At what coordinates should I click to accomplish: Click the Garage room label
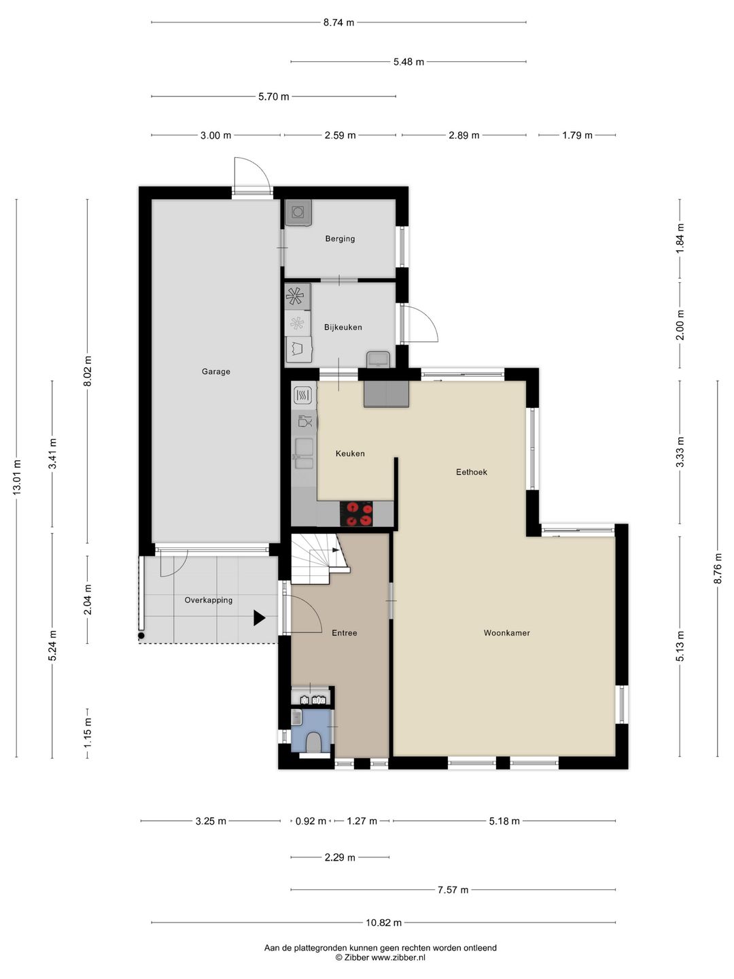pos(215,371)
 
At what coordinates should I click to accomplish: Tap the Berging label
pos(340,239)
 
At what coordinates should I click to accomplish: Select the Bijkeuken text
pos(343,327)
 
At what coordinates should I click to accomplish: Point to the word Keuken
pos(350,453)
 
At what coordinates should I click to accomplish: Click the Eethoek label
pos(472,472)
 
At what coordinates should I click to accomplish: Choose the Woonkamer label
pos(507,633)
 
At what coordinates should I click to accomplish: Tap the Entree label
pos(345,633)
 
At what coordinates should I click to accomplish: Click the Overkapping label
pos(209,600)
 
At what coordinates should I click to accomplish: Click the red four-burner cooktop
pos(356,514)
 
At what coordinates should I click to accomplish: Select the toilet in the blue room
pos(314,742)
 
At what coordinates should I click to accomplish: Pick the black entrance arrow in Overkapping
pos(260,618)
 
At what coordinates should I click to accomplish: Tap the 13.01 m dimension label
pos(16,477)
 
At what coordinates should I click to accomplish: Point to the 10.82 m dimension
pos(384,923)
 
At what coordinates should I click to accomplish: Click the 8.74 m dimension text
pos(338,22)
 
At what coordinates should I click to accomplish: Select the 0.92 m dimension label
pos(311,821)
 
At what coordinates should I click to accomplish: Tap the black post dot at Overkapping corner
pos(141,635)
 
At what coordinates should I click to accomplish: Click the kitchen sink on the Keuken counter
pos(304,453)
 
